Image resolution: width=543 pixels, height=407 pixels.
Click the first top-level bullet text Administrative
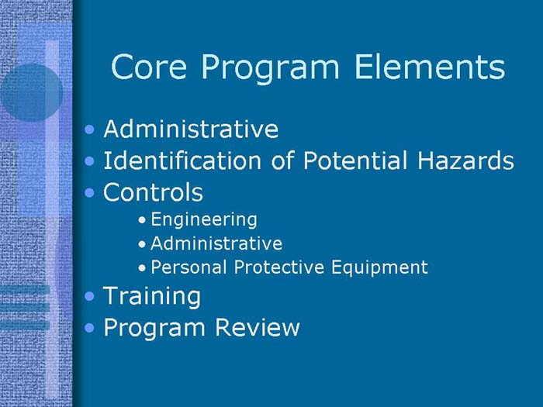click(191, 129)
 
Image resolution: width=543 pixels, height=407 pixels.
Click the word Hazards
click(465, 160)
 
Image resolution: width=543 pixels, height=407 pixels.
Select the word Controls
click(153, 191)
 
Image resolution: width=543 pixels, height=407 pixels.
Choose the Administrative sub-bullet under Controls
click(216, 243)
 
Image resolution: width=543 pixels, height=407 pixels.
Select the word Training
click(152, 296)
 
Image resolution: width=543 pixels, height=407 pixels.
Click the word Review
click(261, 327)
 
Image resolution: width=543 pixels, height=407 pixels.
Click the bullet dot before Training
click(92, 296)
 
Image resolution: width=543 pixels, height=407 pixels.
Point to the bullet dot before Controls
click(92, 192)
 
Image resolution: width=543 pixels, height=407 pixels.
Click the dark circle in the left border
click(29, 91)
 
